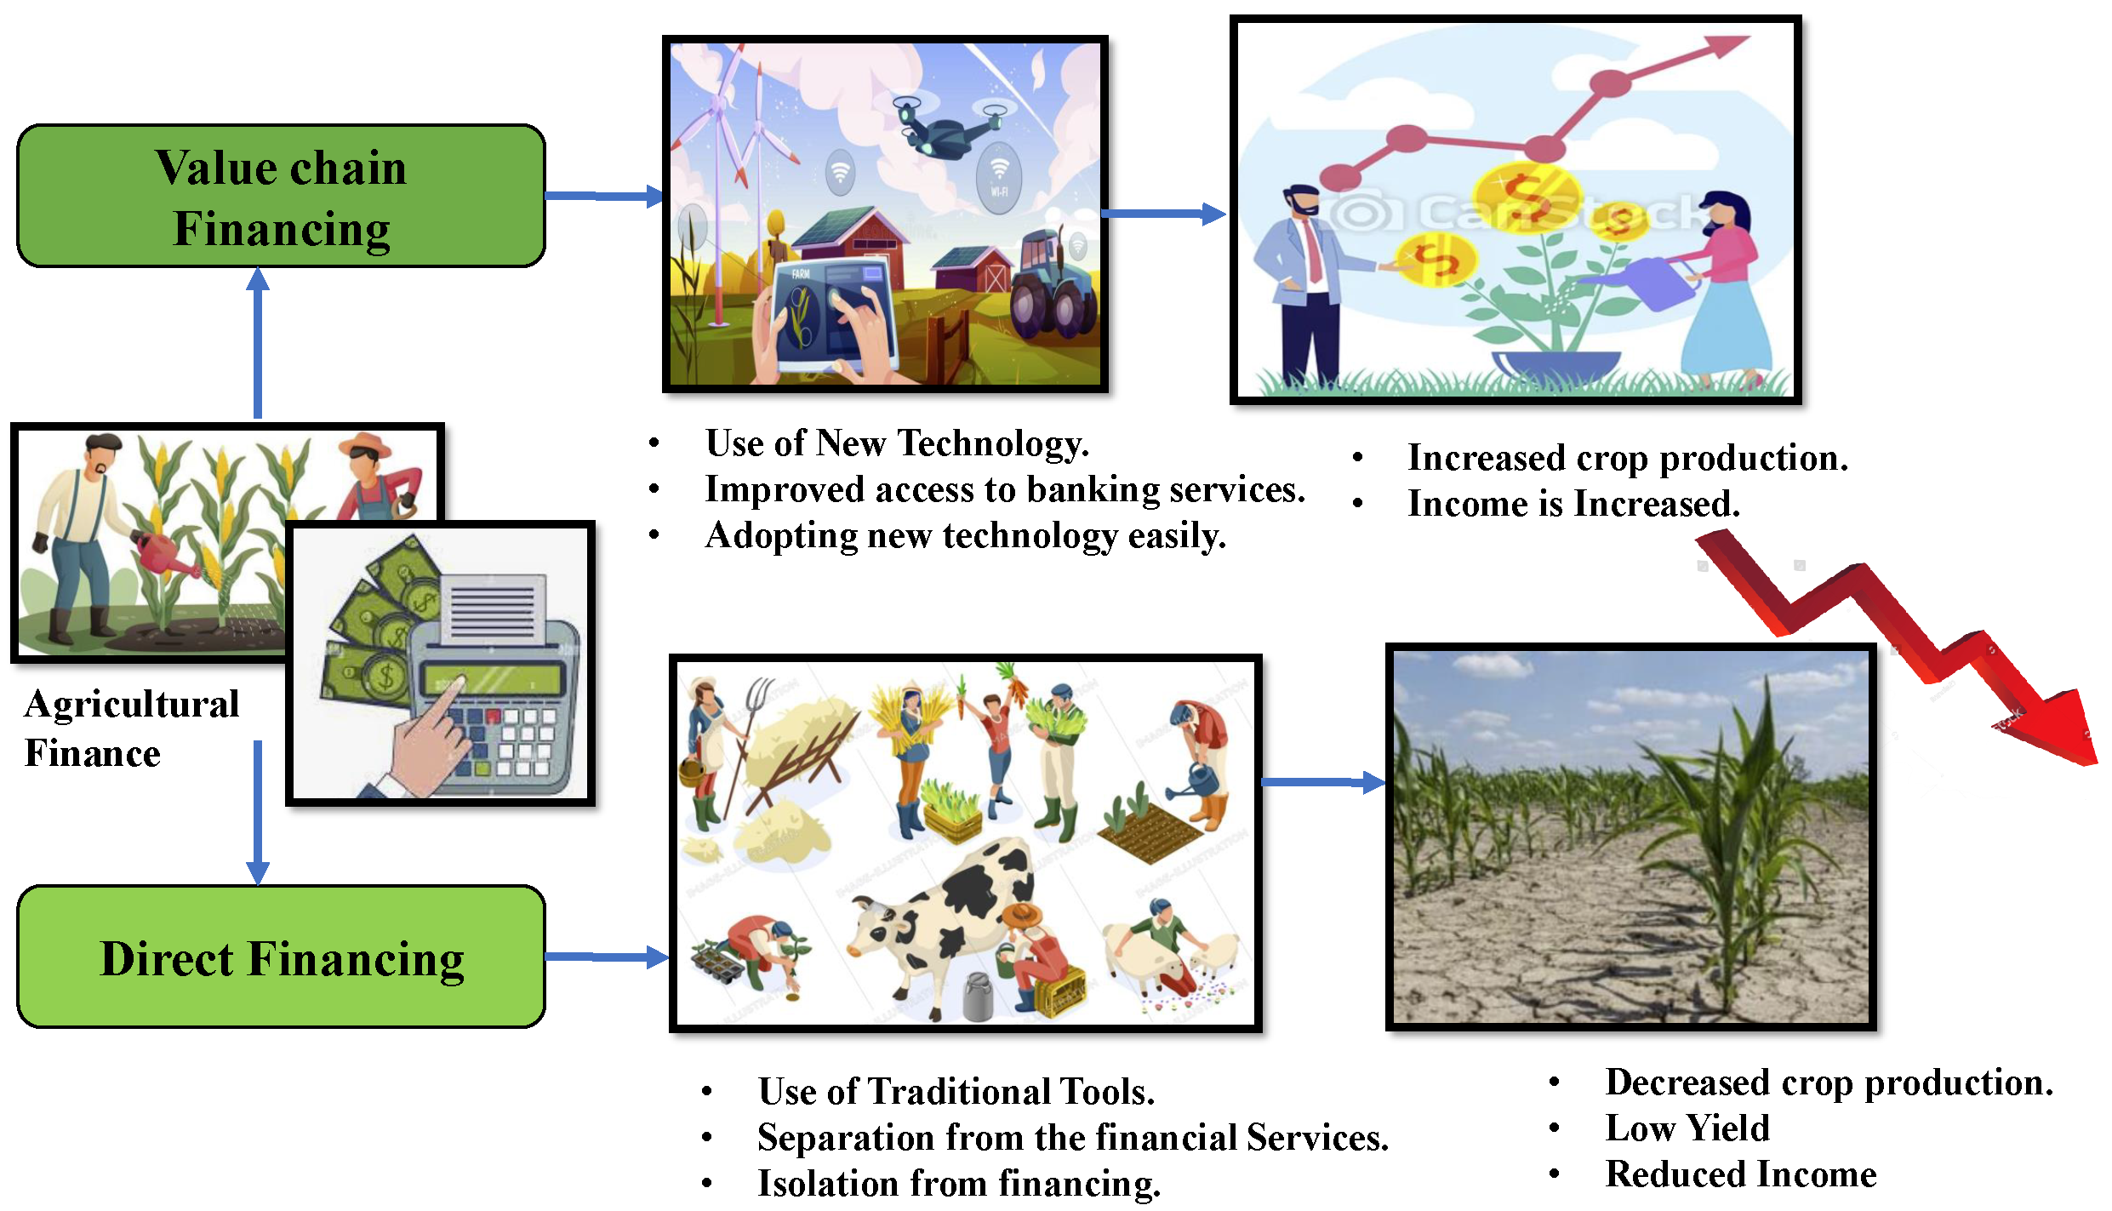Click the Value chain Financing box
point(281,197)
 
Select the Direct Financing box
point(281,957)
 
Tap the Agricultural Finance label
point(132,728)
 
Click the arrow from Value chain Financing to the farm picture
point(605,197)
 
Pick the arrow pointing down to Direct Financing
point(258,813)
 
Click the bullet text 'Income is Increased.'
point(1573,504)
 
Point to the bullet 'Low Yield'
point(1687,1128)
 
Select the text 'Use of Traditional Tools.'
point(956,1092)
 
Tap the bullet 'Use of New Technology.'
point(897,443)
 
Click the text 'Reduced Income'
point(1741,1174)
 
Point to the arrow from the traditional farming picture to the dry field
point(1323,782)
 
